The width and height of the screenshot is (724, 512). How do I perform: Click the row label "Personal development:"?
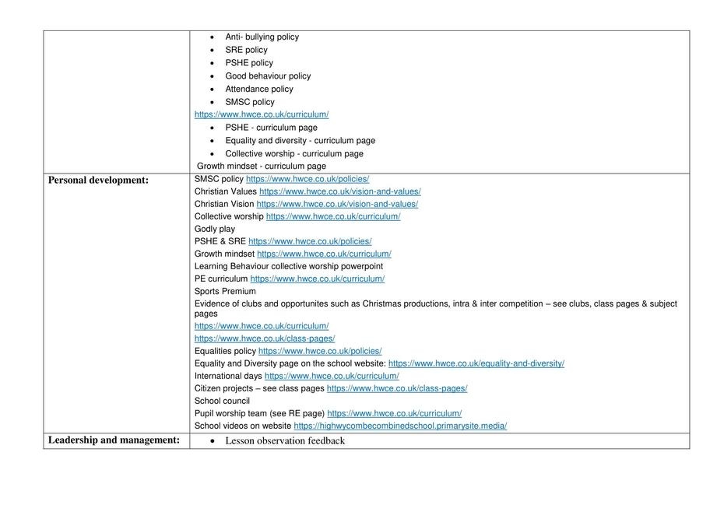point(98,180)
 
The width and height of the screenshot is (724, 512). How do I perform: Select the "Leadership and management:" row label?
point(114,440)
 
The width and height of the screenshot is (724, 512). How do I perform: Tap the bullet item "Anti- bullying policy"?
point(262,37)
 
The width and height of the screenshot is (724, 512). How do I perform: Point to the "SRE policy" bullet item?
point(246,50)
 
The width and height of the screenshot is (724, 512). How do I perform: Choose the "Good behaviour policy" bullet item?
point(268,76)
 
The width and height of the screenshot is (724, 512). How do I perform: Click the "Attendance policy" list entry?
point(259,89)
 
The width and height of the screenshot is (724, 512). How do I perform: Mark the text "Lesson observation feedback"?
point(284,441)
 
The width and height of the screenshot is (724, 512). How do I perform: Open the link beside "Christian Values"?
point(340,191)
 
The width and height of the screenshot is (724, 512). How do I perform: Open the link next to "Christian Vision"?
point(337,204)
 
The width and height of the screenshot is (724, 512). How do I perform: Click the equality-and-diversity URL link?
point(476,363)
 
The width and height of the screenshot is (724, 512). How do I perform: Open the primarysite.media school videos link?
point(400,426)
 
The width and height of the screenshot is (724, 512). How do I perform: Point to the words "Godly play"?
point(215,229)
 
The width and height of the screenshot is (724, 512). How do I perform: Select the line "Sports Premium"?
point(225,291)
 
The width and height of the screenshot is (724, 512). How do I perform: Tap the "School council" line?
point(222,401)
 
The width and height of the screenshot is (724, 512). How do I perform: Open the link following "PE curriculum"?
point(317,279)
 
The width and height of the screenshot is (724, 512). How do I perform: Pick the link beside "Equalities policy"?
point(320,351)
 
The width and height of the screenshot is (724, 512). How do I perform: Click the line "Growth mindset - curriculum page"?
point(262,167)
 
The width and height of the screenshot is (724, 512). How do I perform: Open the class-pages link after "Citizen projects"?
point(397,388)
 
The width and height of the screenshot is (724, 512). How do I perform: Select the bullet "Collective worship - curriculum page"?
point(294,154)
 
